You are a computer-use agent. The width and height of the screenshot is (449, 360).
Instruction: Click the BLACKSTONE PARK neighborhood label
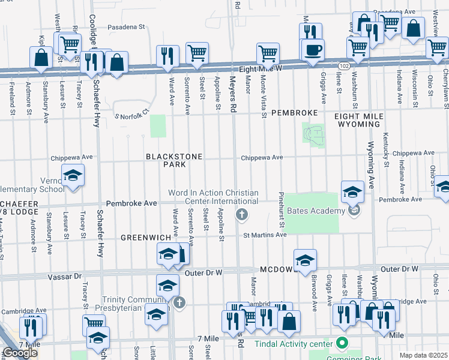click(174, 160)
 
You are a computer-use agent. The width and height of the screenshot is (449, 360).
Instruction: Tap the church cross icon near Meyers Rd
click(242, 214)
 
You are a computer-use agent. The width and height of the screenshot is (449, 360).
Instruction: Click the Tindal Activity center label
click(294, 344)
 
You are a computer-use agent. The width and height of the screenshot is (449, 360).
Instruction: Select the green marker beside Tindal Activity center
click(342, 344)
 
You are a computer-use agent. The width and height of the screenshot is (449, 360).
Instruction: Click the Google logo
click(20, 353)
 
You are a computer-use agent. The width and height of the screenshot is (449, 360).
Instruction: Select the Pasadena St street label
click(127, 27)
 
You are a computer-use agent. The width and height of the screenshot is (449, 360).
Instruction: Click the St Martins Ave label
click(265, 235)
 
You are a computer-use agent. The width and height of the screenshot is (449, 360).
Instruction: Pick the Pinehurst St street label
click(281, 209)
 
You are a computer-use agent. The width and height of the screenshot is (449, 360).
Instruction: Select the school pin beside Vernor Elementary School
click(73, 176)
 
